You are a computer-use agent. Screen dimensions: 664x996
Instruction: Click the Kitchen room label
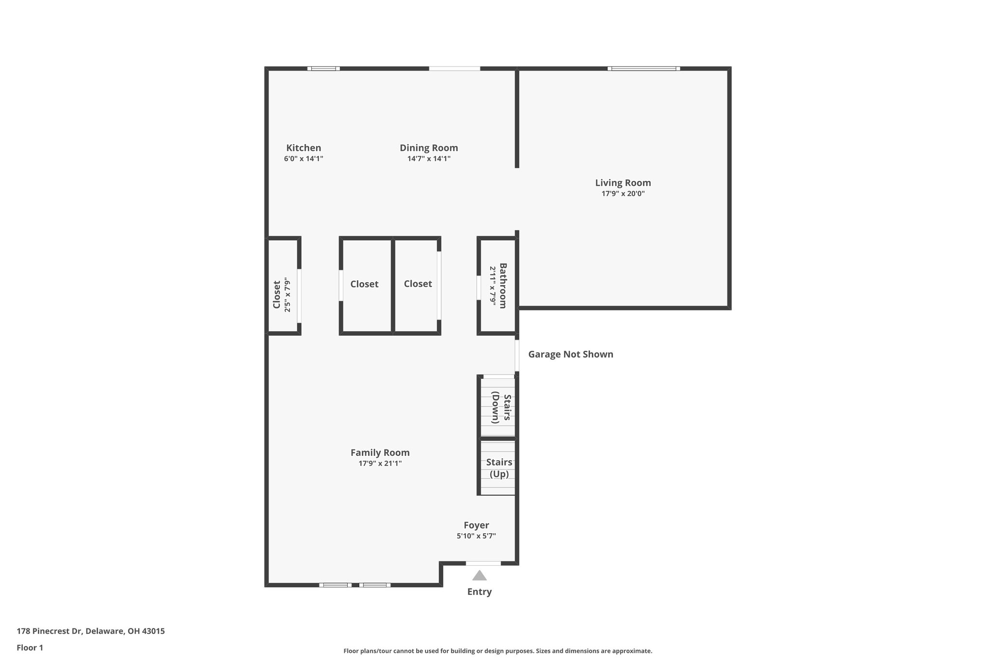(x=303, y=148)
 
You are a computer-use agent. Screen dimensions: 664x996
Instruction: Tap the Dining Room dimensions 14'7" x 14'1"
(x=428, y=159)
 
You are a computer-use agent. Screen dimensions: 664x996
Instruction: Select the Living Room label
(x=623, y=183)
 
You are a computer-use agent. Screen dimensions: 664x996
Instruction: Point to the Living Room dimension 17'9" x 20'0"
(x=623, y=194)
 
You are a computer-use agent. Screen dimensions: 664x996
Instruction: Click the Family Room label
(x=380, y=452)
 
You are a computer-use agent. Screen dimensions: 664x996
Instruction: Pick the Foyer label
(x=476, y=525)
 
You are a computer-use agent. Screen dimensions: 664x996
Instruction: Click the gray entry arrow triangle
(x=480, y=576)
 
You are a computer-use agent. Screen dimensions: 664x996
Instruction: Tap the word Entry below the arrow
(x=480, y=592)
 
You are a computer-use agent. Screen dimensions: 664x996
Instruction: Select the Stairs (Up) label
(x=499, y=468)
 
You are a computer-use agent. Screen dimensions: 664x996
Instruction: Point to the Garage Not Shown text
(x=570, y=354)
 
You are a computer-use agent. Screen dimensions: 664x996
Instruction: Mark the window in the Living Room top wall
(x=643, y=69)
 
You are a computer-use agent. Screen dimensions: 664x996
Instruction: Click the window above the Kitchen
(x=323, y=69)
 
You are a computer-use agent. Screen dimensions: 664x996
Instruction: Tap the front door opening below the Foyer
(x=483, y=563)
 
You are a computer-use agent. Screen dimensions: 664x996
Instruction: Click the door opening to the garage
(x=517, y=355)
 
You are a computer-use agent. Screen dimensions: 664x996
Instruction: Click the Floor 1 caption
(x=30, y=648)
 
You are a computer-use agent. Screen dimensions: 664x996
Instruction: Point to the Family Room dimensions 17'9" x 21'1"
(x=380, y=464)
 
